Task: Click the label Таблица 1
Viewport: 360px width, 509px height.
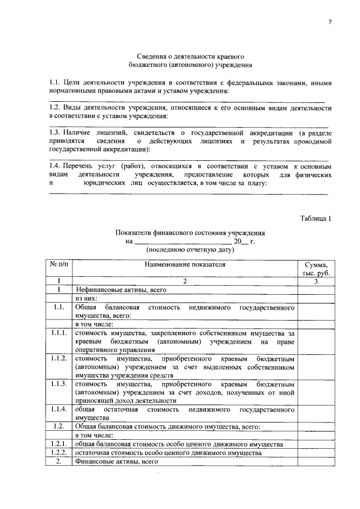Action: coord(316,218)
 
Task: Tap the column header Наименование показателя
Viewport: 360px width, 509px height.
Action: coord(184,263)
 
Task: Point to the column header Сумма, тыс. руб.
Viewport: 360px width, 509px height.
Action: coord(316,268)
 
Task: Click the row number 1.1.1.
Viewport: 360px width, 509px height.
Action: coord(58,334)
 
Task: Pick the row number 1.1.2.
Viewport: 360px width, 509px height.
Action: coord(58,358)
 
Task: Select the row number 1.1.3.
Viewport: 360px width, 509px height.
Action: coord(58,384)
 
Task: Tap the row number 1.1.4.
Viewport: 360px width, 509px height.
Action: coord(58,409)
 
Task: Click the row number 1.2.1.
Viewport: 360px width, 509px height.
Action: coord(58,444)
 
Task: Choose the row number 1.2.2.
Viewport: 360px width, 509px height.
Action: coord(58,452)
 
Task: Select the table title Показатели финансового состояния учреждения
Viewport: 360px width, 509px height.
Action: coord(190,232)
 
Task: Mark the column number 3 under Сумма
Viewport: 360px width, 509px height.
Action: coord(316,281)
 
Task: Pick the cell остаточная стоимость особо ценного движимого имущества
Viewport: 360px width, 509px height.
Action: coord(168,452)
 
